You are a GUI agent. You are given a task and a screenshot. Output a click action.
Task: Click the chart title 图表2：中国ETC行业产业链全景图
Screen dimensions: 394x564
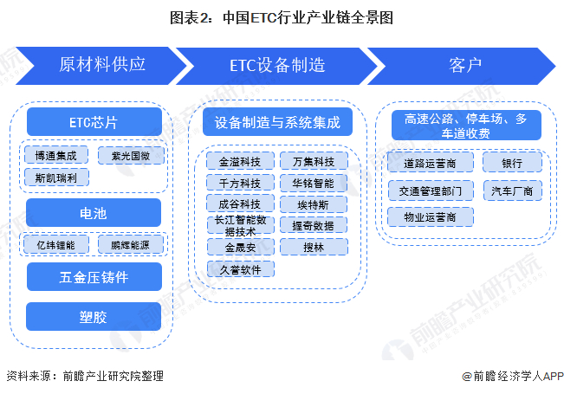point(282,16)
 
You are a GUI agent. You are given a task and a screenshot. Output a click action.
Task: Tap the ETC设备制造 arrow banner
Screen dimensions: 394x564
point(277,64)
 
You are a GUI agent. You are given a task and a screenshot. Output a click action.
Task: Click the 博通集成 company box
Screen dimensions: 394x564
point(56,156)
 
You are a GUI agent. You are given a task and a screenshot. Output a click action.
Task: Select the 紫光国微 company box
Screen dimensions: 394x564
point(130,156)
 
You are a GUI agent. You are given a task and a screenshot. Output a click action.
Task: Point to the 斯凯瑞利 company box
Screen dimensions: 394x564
point(56,178)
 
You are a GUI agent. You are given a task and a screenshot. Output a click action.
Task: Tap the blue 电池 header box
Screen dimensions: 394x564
point(94,212)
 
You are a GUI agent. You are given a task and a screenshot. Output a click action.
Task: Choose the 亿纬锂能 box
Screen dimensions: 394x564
point(56,245)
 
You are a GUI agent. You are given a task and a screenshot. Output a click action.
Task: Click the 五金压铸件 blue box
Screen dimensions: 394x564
point(94,277)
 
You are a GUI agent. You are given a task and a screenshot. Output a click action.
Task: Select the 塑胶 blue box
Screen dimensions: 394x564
point(94,316)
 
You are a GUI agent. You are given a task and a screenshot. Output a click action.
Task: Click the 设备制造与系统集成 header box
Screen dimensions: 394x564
point(277,122)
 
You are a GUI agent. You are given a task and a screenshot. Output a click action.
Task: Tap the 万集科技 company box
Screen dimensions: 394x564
point(314,161)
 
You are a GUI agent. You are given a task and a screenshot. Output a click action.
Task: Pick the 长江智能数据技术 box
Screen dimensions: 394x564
point(240,226)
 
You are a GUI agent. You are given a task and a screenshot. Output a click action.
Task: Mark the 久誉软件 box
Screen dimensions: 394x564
point(240,268)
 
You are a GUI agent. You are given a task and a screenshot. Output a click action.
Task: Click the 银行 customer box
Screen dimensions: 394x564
point(512,162)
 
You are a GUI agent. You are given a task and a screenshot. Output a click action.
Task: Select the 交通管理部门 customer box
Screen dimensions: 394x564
point(431,190)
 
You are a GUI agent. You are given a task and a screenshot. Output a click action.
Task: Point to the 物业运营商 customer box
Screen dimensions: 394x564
point(431,216)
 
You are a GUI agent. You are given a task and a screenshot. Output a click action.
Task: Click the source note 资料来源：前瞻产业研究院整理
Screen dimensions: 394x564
point(84,376)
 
